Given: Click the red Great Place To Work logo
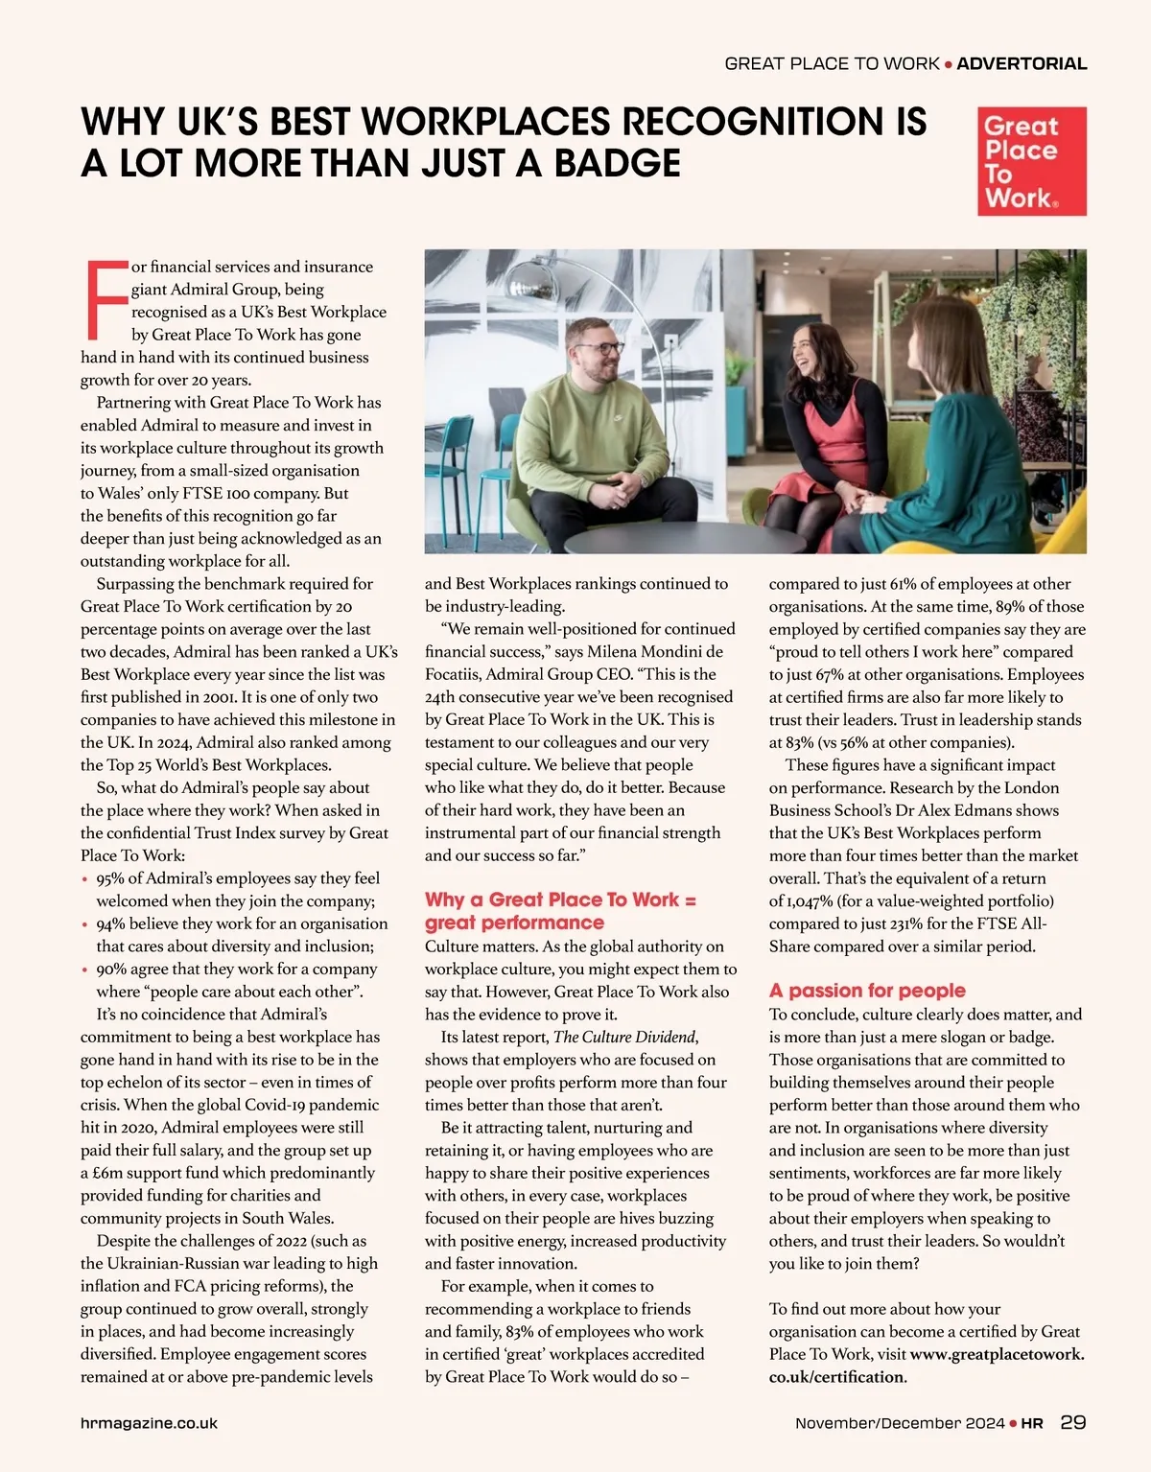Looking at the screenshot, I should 1032,161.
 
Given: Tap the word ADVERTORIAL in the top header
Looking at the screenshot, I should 1022,64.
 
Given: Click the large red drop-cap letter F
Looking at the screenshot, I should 105,299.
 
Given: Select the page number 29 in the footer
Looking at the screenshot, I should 1073,1422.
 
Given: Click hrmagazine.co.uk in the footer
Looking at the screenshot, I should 149,1423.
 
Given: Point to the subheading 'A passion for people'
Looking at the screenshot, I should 867,991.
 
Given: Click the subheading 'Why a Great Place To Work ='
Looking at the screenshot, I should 560,900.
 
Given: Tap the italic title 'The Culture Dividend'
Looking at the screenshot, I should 624,1037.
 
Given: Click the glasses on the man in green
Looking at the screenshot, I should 599,348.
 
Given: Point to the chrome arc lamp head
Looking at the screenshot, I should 530,280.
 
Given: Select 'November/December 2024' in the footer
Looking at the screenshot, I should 900,1423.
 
